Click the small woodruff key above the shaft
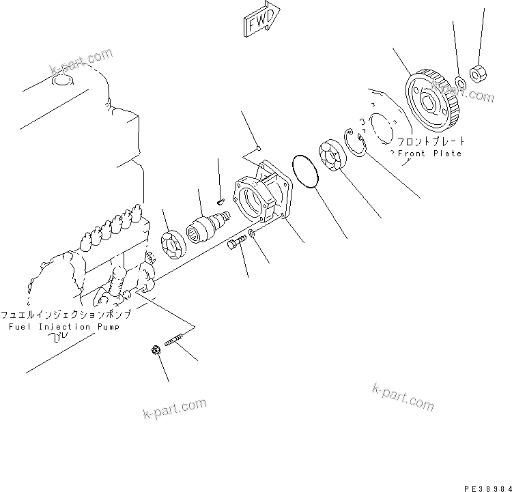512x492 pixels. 221,201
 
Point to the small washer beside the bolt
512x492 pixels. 253,234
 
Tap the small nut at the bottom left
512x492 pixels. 155,350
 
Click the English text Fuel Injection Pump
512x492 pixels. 63,327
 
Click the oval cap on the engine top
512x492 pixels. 63,82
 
